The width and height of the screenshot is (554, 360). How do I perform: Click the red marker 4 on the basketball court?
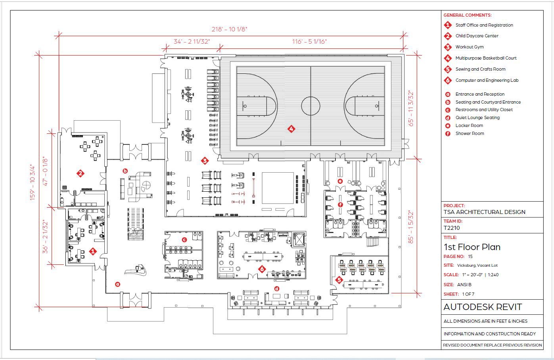(x=291, y=129)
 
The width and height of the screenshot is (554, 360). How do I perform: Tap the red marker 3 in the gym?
(x=205, y=161)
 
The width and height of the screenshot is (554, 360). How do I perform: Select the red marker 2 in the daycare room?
(x=81, y=173)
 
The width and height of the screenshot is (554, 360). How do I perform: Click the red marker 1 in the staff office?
(x=93, y=251)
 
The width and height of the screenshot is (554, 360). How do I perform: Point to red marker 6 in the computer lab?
(x=262, y=269)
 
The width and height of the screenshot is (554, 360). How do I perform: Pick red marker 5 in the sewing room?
(x=339, y=279)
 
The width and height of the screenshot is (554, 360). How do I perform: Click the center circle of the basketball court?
(x=311, y=106)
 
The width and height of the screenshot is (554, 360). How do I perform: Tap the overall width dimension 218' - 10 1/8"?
(x=230, y=29)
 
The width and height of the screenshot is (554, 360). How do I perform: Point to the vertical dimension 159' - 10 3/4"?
(x=33, y=177)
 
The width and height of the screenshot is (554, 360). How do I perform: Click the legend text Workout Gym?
(x=470, y=47)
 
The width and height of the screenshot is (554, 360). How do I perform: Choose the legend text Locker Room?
(x=469, y=125)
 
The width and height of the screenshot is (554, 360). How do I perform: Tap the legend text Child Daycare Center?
(x=477, y=36)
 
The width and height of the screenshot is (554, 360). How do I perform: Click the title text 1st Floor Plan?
(x=472, y=247)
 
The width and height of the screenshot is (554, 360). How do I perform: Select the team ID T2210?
(x=452, y=228)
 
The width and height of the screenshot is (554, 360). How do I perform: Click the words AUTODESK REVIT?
(x=483, y=307)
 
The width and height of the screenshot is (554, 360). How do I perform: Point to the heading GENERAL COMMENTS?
(x=467, y=15)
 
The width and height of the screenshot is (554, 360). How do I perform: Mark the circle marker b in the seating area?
(x=125, y=171)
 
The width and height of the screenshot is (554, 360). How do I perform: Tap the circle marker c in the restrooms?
(x=184, y=240)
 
